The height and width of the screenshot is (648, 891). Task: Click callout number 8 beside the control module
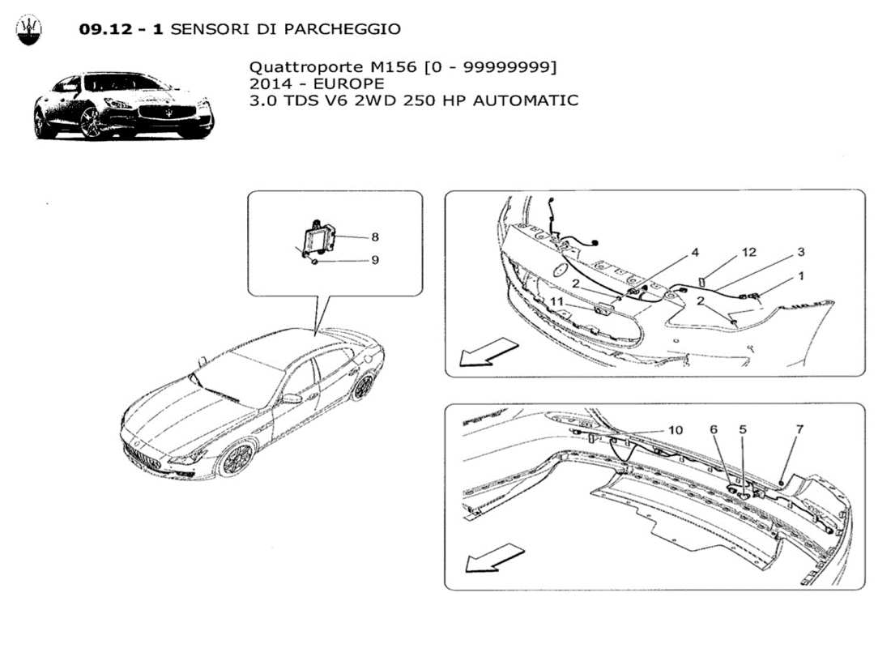coord(375,237)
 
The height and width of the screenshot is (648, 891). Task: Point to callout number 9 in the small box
coord(375,260)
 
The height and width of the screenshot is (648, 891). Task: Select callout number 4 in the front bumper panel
coord(694,253)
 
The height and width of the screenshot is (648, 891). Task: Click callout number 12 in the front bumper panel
coord(749,253)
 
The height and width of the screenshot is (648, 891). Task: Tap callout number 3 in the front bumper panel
coord(799,253)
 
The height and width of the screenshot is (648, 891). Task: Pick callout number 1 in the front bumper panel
coord(801,276)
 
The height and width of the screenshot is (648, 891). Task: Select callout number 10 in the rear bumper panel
coord(676,429)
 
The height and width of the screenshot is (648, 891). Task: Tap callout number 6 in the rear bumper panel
coord(714,429)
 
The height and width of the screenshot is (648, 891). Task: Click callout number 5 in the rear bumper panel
coord(742,429)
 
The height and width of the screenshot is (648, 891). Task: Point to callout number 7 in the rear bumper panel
coord(799,429)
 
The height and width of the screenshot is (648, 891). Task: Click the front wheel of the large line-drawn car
coord(237,459)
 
